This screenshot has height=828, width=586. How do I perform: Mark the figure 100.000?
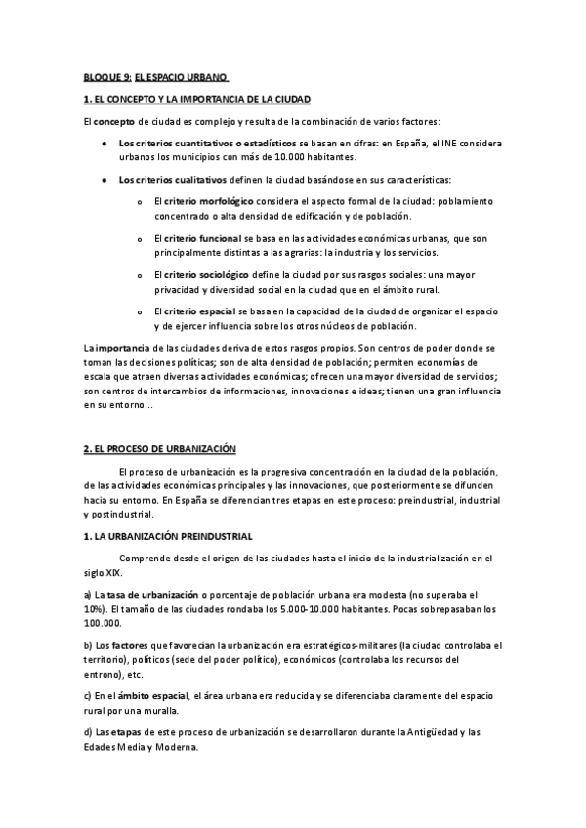103,622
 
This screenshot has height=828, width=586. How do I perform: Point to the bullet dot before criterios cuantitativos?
104,144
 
